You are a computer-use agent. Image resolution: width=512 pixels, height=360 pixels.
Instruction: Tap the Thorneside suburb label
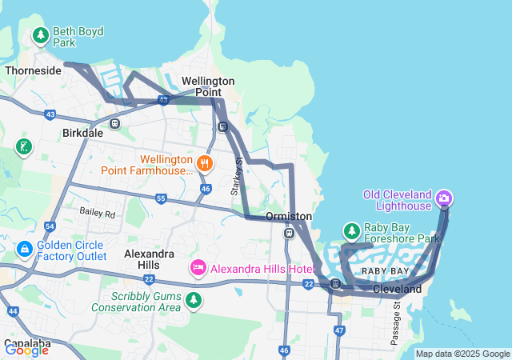pos(33,70)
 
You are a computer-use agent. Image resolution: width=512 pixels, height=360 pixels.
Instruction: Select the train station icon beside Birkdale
pos(115,124)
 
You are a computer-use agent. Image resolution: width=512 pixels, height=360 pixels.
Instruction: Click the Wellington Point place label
pos(208,87)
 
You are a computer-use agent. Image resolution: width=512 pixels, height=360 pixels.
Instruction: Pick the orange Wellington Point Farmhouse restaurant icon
pos(206,163)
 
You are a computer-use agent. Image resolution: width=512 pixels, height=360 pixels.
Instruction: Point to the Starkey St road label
pos(237,174)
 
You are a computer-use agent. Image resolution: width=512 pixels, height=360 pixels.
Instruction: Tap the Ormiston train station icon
pos(289,233)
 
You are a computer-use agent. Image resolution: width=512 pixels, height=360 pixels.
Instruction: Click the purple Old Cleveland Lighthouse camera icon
pos(445,197)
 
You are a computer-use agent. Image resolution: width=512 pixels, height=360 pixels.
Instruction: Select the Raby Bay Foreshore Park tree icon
pos(351,231)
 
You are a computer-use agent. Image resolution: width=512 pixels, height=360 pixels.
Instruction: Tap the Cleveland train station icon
pos(338,283)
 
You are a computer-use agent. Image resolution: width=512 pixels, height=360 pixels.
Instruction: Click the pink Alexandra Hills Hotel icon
pos(198,267)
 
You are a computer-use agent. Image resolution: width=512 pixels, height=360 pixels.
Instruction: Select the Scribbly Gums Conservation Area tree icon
pos(193,300)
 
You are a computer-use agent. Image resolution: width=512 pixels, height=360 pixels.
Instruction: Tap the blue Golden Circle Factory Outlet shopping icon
pos(24,250)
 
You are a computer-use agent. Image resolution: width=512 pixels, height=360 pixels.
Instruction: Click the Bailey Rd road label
pos(97,214)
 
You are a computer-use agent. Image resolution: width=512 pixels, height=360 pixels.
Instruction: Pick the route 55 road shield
pos(161,198)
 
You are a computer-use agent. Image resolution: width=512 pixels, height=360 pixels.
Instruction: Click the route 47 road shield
pos(339,330)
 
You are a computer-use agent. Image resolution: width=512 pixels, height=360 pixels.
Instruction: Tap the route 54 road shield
pos(50,227)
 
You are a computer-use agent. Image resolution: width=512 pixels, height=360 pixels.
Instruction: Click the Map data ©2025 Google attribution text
pos(462,354)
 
